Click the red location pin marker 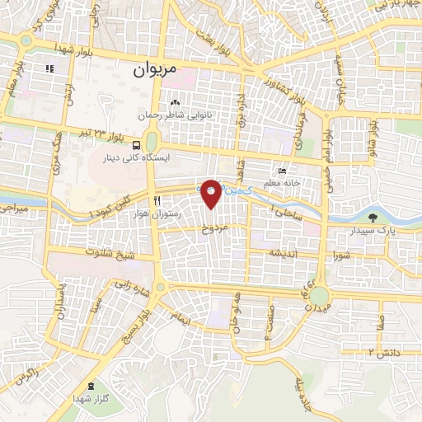tap(212, 192)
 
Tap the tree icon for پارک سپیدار tap(374, 218)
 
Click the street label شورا tap(342, 254)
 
